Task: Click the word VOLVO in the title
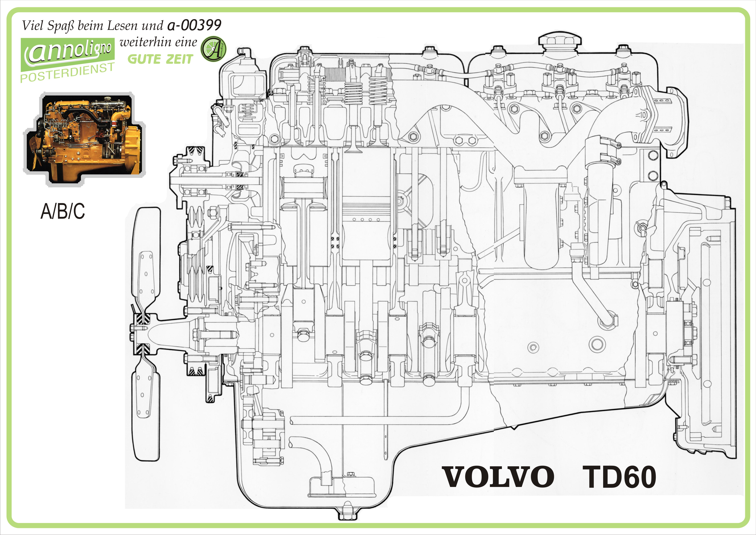click(499, 477)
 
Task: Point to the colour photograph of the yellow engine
click(85, 138)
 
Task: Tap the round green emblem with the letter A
click(213, 49)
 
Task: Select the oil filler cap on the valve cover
click(560, 41)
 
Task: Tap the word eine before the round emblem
click(186, 43)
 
